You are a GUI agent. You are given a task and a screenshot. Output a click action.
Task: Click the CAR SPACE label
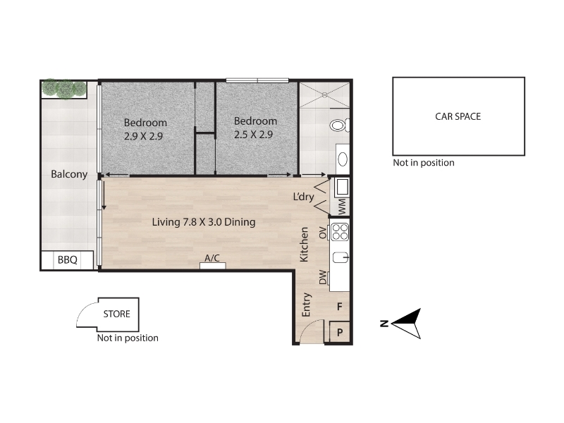click(458, 116)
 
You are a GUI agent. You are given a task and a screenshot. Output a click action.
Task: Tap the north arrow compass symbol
click(407, 324)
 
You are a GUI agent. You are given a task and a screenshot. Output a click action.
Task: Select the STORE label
click(116, 314)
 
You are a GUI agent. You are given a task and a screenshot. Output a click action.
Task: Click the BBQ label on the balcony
click(68, 259)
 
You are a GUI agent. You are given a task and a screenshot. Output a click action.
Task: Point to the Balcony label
click(69, 174)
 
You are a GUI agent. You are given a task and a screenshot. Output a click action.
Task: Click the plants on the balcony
click(64, 89)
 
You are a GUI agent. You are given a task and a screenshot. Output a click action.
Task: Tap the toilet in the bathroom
click(339, 125)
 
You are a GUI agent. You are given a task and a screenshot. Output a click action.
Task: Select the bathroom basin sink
click(343, 159)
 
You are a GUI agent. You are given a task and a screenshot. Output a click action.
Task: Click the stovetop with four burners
click(340, 232)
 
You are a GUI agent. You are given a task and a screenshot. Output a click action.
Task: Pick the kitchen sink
click(341, 257)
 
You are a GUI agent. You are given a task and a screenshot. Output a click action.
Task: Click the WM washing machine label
click(342, 207)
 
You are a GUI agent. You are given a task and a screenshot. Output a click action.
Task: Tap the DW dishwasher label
click(324, 277)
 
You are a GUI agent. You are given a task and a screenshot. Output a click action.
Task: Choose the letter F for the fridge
click(339, 307)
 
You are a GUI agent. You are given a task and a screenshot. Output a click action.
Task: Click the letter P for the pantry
click(340, 333)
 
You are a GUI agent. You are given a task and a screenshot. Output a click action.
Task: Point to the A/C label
click(212, 258)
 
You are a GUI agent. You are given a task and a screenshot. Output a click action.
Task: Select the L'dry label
click(304, 197)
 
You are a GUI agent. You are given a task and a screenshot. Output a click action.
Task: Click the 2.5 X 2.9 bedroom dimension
click(254, 135)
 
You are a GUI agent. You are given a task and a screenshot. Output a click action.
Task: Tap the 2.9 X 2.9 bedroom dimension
click(143, 136)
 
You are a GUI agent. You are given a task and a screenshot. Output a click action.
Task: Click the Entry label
click(306, 305)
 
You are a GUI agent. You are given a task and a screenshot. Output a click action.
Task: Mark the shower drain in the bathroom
click(324, 95)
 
